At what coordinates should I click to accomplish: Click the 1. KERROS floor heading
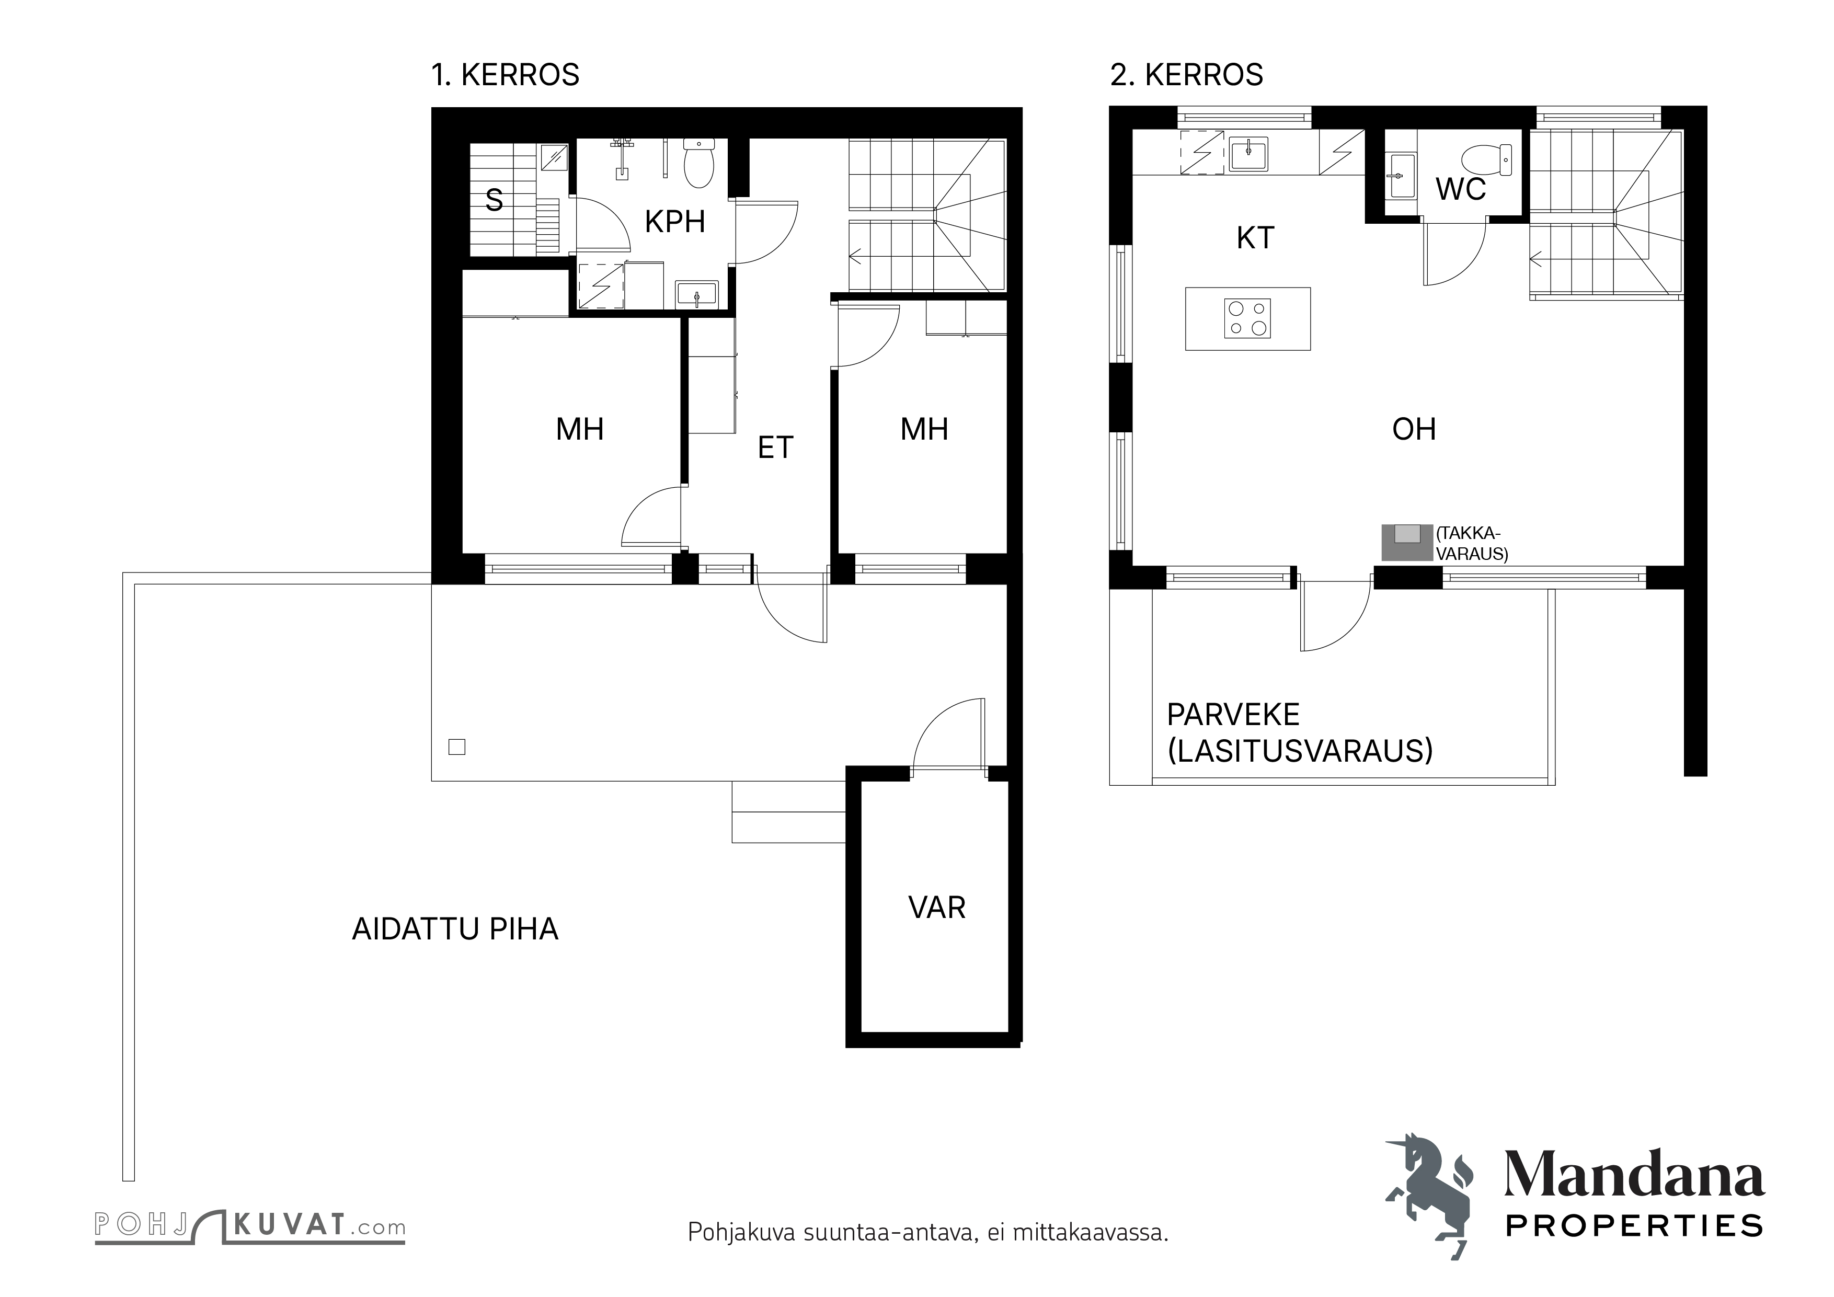click(x=505, y=75)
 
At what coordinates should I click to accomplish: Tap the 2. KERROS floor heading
click(x=1186, y=75)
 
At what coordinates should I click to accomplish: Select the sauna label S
click(x=495, y=200)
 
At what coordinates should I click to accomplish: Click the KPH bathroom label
click(x=675, y=222)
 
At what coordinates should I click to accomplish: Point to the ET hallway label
click(x=776, y=448)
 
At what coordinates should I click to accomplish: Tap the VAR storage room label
click(x=937, y=908)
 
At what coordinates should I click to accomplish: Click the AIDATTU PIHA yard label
click(x=455, y=929)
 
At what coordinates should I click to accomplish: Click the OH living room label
click(x=1414, y=430)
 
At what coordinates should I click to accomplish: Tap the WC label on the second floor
click(x=1460, y=190)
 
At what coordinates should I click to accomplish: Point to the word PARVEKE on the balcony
click(x=1233, y=715)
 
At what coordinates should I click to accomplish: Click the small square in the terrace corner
click(x=457, y=748)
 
